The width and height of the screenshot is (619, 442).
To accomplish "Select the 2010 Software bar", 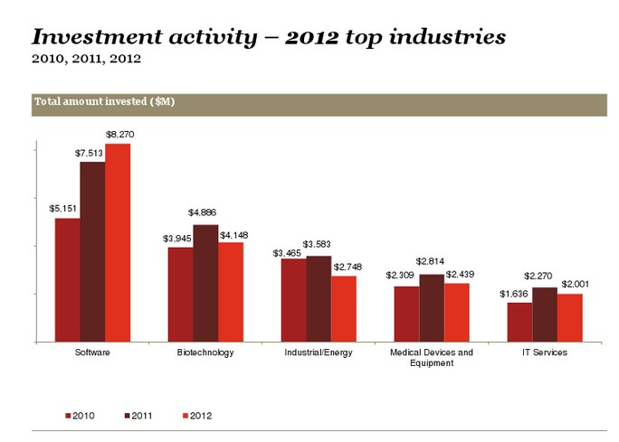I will pyautogui.click(x=67, y=279).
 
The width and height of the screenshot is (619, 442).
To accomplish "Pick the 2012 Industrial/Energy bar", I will pyautogui.click(x=344, y=308).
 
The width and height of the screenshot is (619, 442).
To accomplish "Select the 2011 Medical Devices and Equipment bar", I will pyautogui.click(x=432, y=307).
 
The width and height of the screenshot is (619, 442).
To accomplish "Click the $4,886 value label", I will pyautogui.click(x=203, y=212).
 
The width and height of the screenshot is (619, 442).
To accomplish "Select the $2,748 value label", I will pyautogui.click(x=348, y=267).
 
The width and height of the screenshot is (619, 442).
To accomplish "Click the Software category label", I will pyautogui.click(x=92, y=353).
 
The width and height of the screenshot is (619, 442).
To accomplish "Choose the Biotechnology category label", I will pyautogui.click(x=205, y=353).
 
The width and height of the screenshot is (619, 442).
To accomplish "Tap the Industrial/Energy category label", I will pyautogui.click(x=319, y=353).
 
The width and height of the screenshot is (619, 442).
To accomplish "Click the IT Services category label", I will pyautogui.click(x=545, y=353).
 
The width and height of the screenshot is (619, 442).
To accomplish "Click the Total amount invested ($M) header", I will pyautogui.click(x=104, y=102).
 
